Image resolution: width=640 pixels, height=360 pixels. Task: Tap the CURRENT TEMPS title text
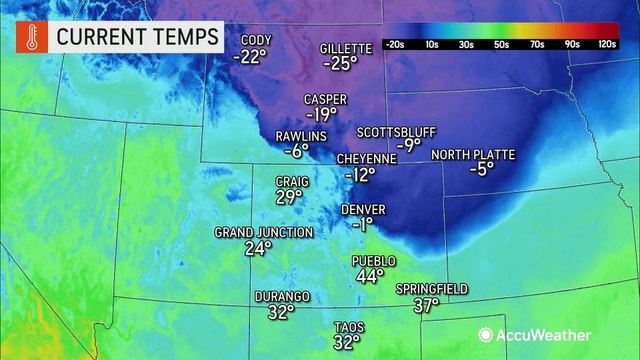138,38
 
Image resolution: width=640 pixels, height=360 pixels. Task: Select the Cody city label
255,41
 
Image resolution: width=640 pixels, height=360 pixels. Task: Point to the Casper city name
325,99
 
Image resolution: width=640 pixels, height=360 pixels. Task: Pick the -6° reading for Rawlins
297,152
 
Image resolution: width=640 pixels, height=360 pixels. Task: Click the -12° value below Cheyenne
359,174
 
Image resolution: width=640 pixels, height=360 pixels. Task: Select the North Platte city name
472,155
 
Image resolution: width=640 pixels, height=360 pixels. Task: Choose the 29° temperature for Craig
289,198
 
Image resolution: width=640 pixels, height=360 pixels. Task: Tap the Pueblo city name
375,261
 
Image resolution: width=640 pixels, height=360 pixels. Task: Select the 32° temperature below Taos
346,343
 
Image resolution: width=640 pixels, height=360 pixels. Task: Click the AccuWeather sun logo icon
487,335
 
